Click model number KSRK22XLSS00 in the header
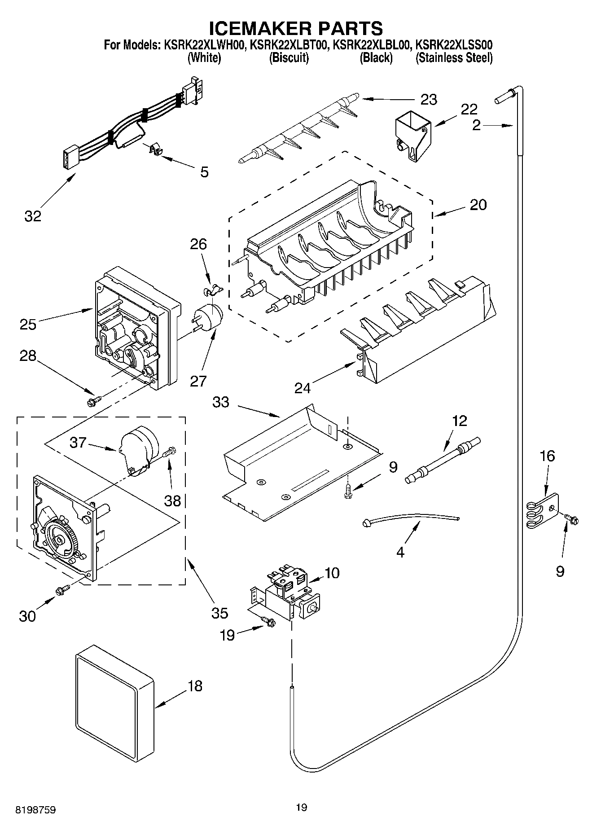(454, 45)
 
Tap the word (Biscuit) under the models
(289, 58)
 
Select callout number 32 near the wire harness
(33, 216)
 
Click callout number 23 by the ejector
(428, 99)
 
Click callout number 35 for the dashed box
(219, 613)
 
